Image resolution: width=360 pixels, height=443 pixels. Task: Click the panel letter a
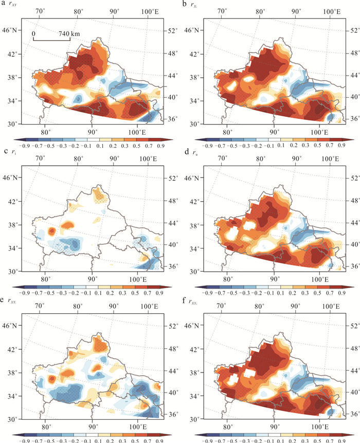click(4, 5)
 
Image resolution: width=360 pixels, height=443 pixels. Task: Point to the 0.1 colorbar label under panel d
click(278, 293)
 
